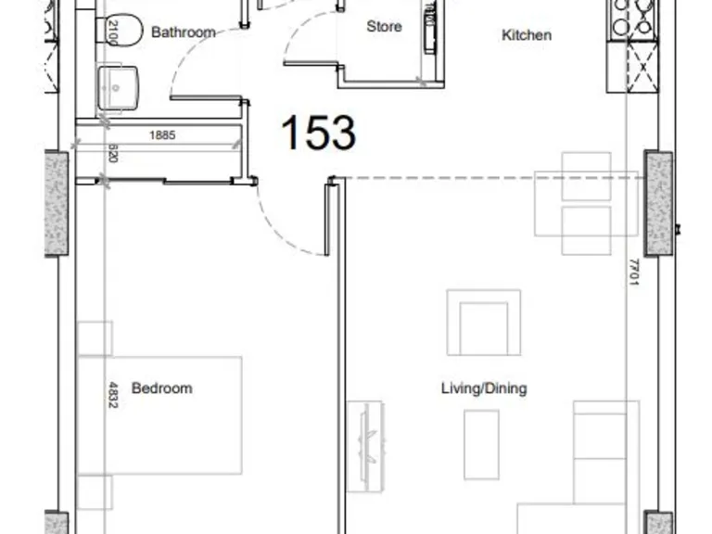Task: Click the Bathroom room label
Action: click(x=184, y=32)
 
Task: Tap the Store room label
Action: click(x=384, y=27)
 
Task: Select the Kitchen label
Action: click(x=527, y=35)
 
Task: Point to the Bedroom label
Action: click(x=162, y=388)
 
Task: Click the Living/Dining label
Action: click(x=483, y=388)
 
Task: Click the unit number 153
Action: click(x=318, y=133)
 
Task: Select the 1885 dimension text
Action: click(x=162, y=135)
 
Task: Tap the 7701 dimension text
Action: click(x=634, y=272)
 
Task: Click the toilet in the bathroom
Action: click(x=121, y=32)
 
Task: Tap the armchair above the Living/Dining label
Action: click(x=483, y=322)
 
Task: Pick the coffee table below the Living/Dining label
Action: click(x=481, y=445)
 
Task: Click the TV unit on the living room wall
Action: click(x=365, y=435)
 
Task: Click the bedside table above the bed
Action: click(x=95, y=338)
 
